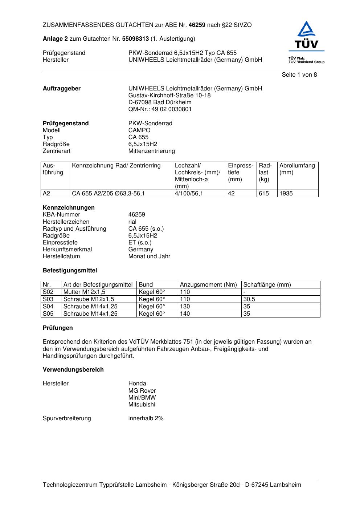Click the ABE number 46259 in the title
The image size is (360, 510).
pos(197,25)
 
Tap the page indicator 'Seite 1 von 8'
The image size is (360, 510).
pos(299,75)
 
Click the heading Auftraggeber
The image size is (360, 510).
pos(62,89)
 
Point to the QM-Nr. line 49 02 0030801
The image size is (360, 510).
pos(160,109)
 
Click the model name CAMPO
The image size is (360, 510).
pos(139,130)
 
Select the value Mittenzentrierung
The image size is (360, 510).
pos(151,151)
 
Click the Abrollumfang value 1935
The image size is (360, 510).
pos(286,194)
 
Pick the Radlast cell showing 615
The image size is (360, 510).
pos(264,194)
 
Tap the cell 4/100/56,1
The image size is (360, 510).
pos(189,194)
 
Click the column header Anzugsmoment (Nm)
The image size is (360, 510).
pos(208,285)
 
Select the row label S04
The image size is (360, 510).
pos(48,307)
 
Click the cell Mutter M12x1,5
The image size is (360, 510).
pos(84,292)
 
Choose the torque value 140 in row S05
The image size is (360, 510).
pos(185,314)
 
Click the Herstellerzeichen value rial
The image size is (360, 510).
pos(132,222)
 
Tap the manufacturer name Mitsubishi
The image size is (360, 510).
pos(142,405)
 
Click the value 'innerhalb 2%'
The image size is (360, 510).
pos(146,418)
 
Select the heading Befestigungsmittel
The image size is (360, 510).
pos(70,271)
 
